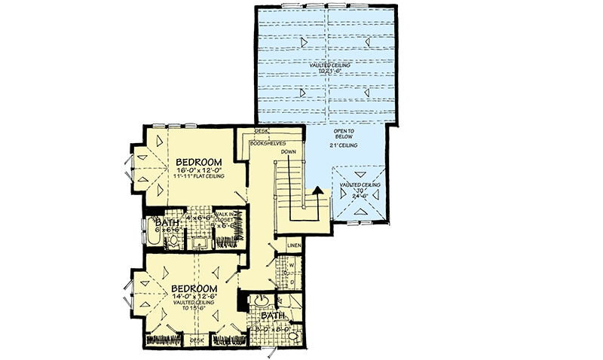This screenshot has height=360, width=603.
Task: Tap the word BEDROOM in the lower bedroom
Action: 194,288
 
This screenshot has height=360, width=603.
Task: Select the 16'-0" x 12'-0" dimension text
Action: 199,171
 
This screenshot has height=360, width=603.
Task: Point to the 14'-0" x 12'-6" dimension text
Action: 194,297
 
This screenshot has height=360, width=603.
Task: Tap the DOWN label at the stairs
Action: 287,152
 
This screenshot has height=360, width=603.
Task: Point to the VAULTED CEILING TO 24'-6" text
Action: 359,188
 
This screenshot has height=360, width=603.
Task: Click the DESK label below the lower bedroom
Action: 197,340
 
